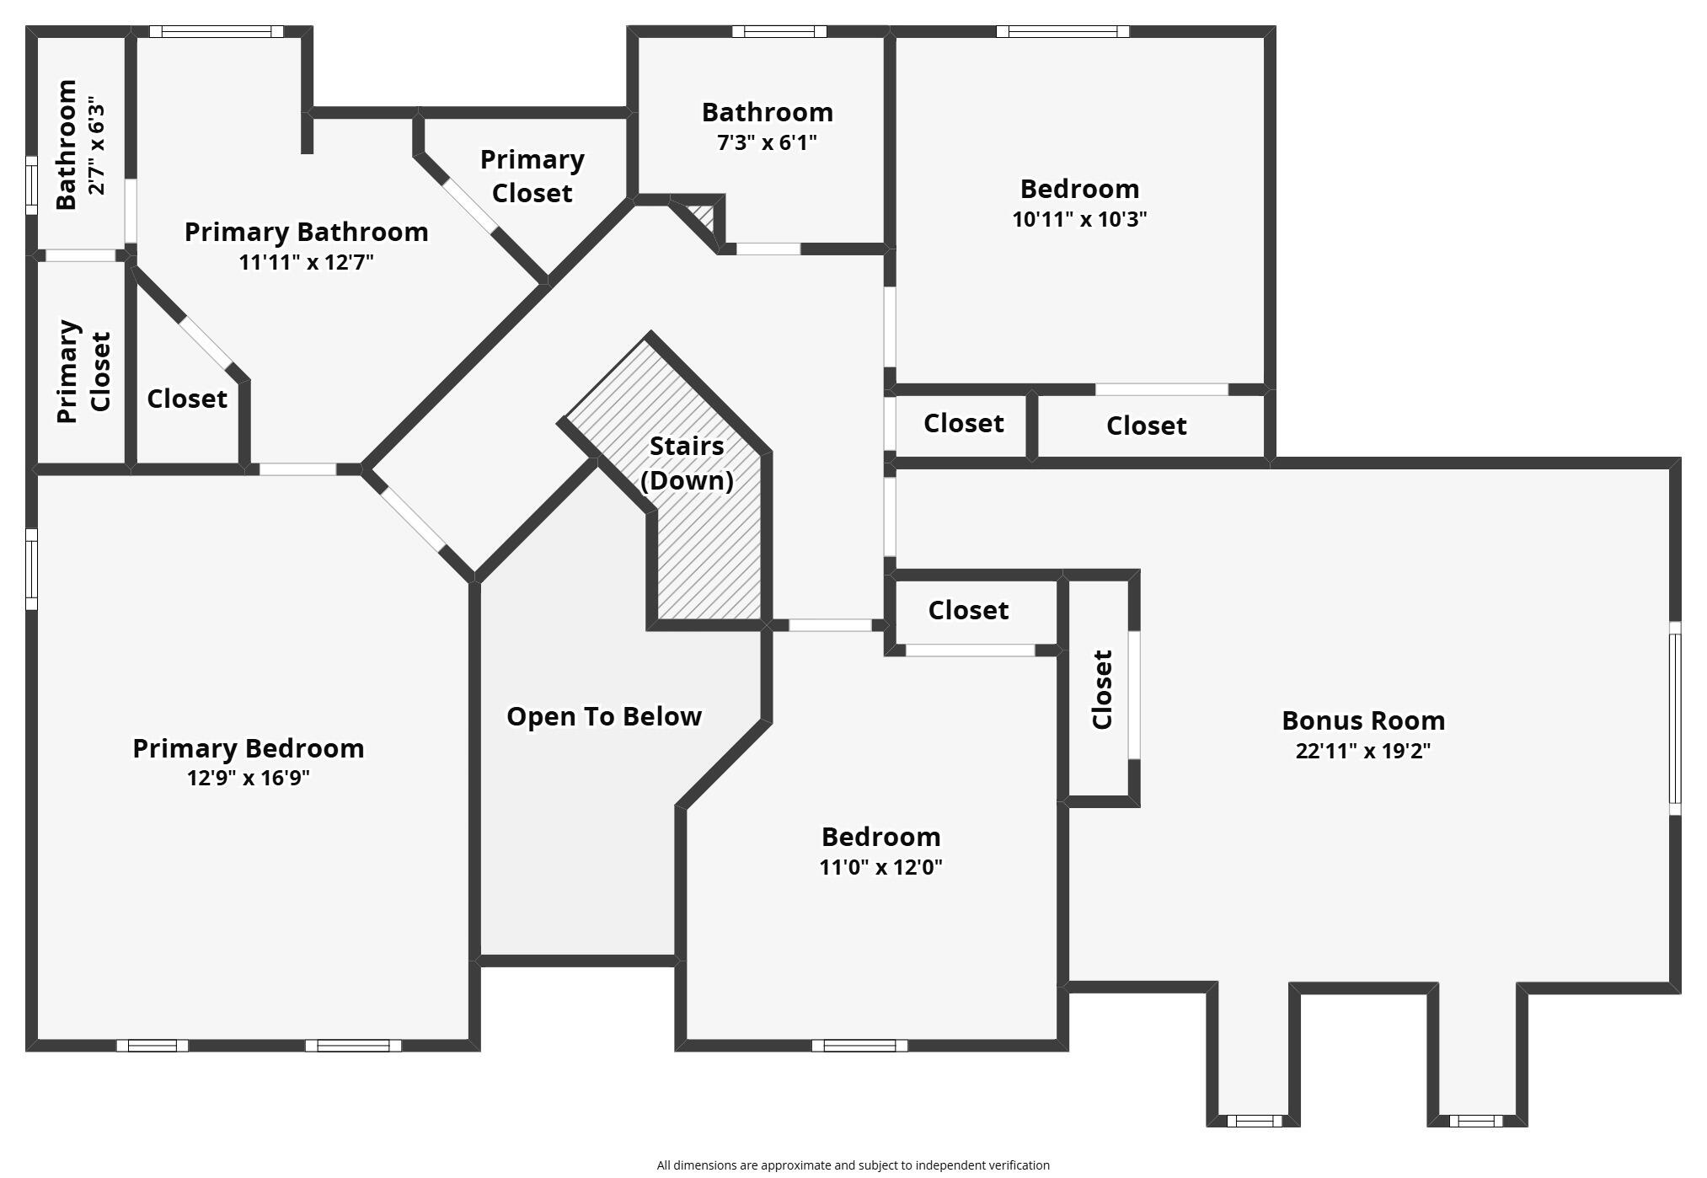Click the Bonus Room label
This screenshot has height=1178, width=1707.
1363,720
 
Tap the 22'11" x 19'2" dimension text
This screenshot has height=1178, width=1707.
1363,751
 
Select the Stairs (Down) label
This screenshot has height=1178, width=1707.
687,463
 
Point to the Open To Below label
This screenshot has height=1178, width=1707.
604,716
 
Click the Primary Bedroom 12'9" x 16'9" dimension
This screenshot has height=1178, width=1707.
249,777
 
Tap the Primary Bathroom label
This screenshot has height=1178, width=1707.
307,232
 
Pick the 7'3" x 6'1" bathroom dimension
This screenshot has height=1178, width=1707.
767,142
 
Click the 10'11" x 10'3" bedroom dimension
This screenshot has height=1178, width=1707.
1079,219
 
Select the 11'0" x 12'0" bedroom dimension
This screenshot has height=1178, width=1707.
880,866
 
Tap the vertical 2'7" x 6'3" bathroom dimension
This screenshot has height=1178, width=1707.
98,147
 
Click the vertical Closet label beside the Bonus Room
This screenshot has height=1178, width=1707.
1102,689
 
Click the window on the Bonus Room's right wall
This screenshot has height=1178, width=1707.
1675,718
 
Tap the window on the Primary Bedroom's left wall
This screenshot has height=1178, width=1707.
31,569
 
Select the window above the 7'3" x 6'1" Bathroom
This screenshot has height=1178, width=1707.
779,32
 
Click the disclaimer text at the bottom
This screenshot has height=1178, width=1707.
853,1165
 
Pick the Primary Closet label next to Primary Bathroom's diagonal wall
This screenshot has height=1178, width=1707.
532,176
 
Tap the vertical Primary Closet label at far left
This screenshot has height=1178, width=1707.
83,371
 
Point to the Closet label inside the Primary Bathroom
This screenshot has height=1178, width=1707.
187,399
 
